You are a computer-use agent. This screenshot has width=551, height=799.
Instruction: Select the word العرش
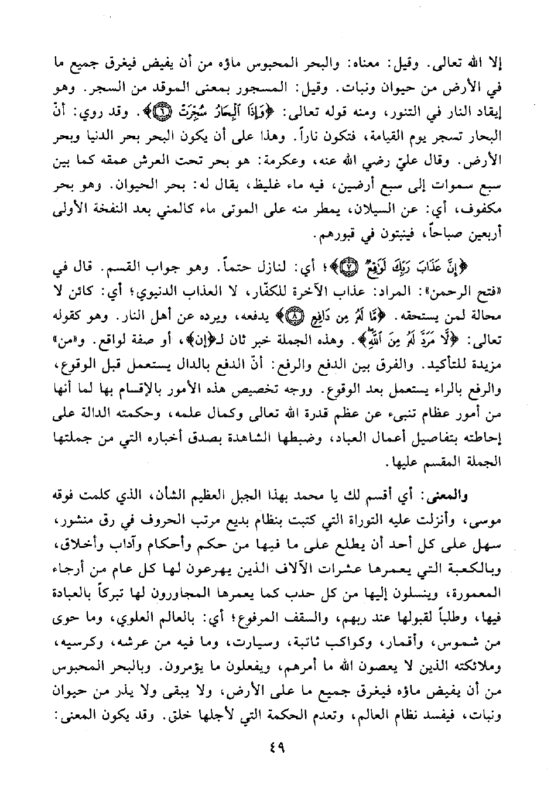pyautogui.click(x=163, y=157)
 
